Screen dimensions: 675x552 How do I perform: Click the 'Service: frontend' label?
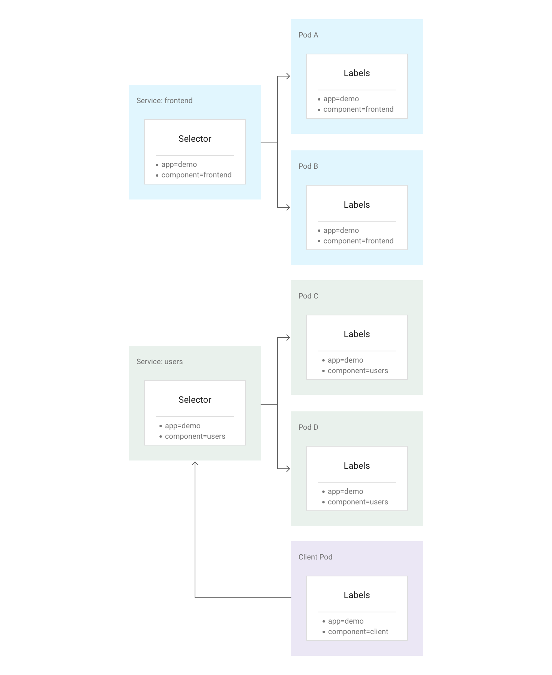(x=164, y=100)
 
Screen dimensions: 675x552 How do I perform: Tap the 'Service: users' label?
(x=159, y=361)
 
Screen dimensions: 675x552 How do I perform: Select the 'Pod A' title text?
(x=308, y=35)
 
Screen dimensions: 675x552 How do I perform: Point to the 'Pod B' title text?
(x=308, y=166)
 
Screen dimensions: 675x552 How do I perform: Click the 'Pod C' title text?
(x=308, y=296)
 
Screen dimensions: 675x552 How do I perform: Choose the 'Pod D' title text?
(x=308, y=427)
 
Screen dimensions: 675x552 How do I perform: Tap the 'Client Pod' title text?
(x=315, y=557)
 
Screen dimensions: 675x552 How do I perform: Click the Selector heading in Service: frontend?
(x=195, y=139)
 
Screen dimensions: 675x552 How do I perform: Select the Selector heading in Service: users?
(x=195, y=400)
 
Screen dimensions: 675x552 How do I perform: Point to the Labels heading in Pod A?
(x=357, y=73)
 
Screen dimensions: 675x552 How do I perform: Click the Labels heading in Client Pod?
(x=357, y=595)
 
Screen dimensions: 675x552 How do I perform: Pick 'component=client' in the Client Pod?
(x=358, y=631)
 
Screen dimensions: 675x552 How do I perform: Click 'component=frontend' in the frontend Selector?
(x=196, y=175)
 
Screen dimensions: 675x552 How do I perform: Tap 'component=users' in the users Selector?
(x=195, y=436)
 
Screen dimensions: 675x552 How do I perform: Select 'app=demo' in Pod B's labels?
(x=341, y=230)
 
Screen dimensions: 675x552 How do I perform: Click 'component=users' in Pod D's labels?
(x=358, y=502)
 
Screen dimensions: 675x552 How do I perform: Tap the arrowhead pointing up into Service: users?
(x=195, y=463)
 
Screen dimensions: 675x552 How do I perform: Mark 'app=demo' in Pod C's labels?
(x=345, y=360)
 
